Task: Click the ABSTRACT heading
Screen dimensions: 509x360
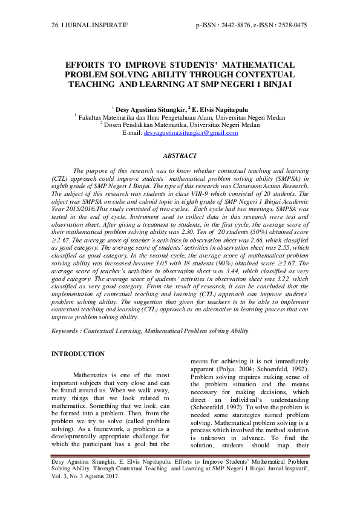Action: tap(180, 155)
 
